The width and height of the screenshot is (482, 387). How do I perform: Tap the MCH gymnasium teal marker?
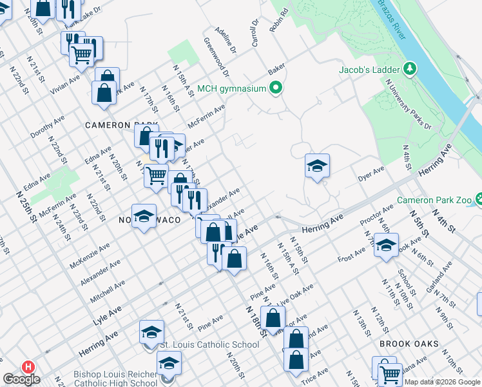point(276,88)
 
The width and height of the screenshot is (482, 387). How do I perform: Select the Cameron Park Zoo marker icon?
point(477,199)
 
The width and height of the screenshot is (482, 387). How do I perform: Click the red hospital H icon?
point(28,366)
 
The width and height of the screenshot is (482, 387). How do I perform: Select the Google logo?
point(21,379)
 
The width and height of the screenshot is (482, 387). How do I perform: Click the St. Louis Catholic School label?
point(209,344)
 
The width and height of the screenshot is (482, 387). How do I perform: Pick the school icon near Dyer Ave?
point(317,166)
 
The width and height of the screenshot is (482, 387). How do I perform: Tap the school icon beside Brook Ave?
point(386,246)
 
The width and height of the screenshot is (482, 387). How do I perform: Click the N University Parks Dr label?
point(407,104)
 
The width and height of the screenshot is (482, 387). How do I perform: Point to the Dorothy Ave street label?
point(47,126)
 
